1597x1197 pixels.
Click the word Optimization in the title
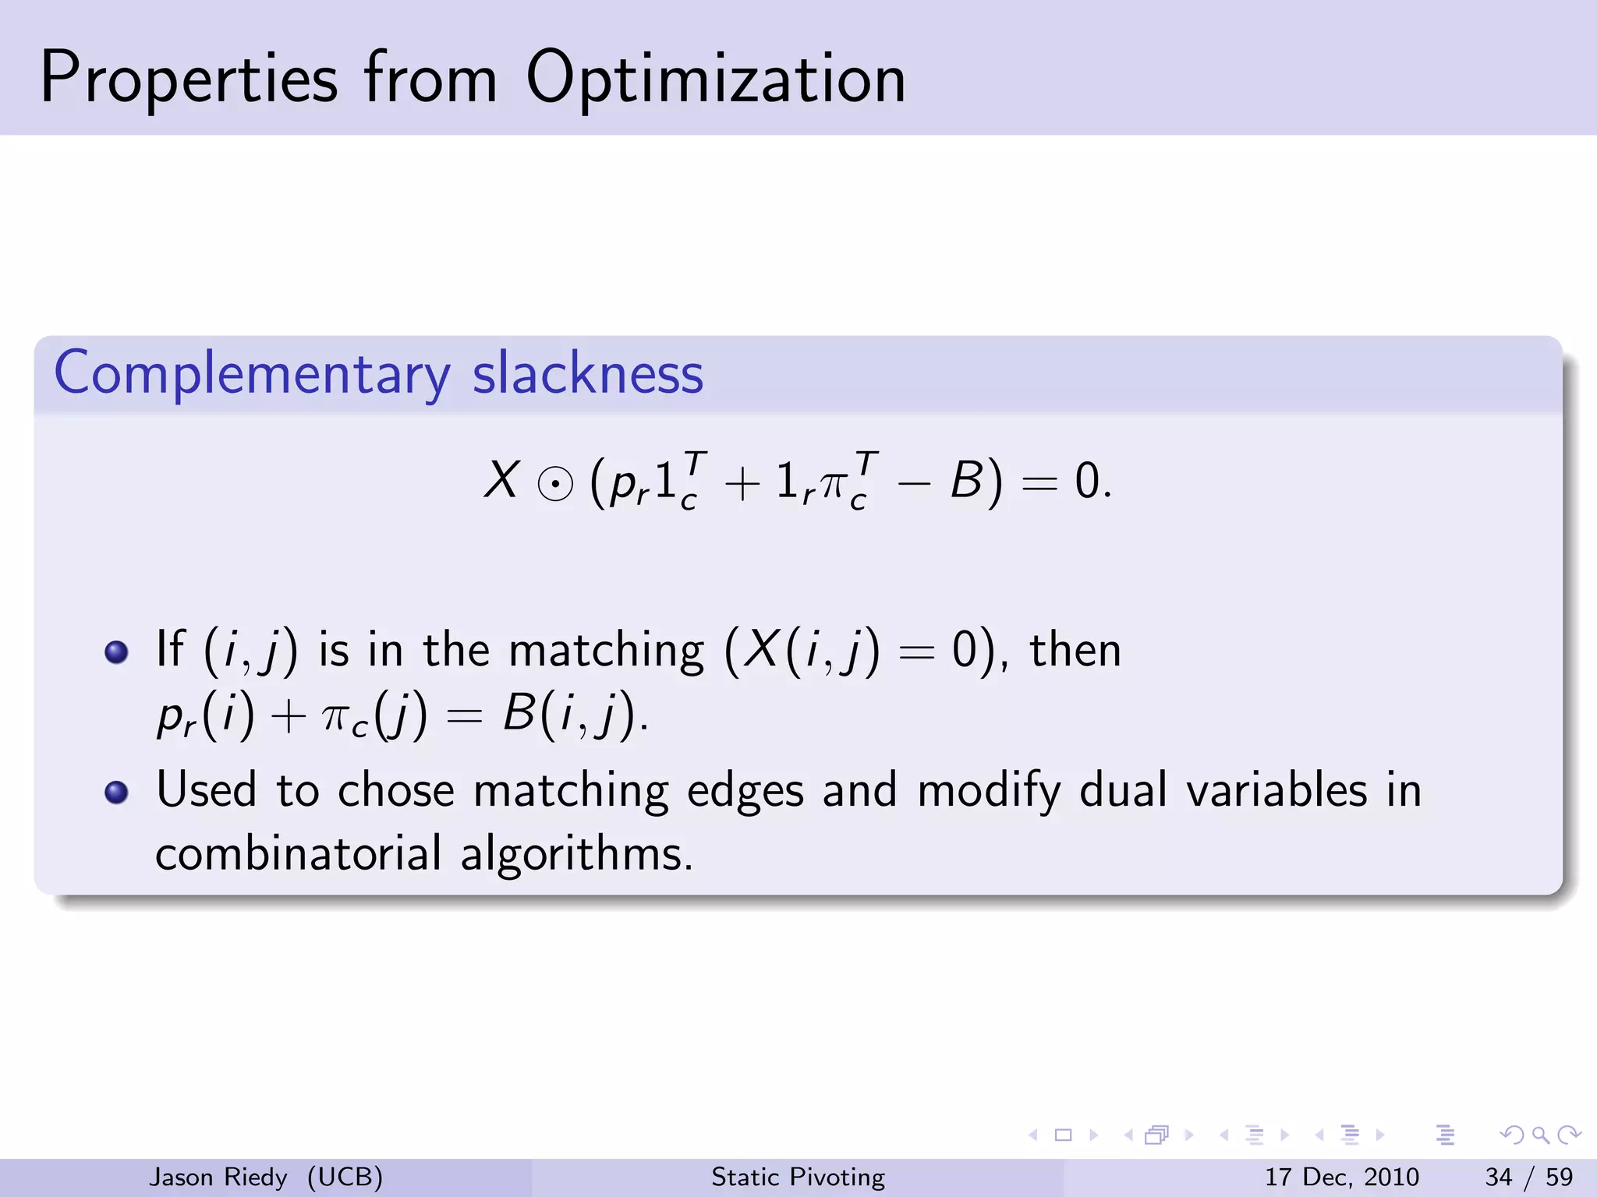[715, 79]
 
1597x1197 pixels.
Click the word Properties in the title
[189, 79]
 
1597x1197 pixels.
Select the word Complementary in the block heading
[252, 374]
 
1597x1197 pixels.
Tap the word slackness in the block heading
[588, 374]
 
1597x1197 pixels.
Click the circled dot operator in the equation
[555, 485]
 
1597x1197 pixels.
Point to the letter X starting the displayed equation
[501, 479]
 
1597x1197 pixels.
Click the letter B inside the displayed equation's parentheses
[965, 480]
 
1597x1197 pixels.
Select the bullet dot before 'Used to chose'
[116, 792]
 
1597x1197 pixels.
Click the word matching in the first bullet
[606, 651]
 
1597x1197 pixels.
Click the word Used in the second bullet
[206, 790]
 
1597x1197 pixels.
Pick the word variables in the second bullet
[1277, 790]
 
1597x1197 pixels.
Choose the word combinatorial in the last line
[299, 853]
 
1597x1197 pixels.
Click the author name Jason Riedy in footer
[218, 1177]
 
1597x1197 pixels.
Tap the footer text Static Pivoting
[798, 1177]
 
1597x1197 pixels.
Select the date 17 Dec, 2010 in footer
[1341, 1177]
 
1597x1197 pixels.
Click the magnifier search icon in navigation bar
[1540, 1135]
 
